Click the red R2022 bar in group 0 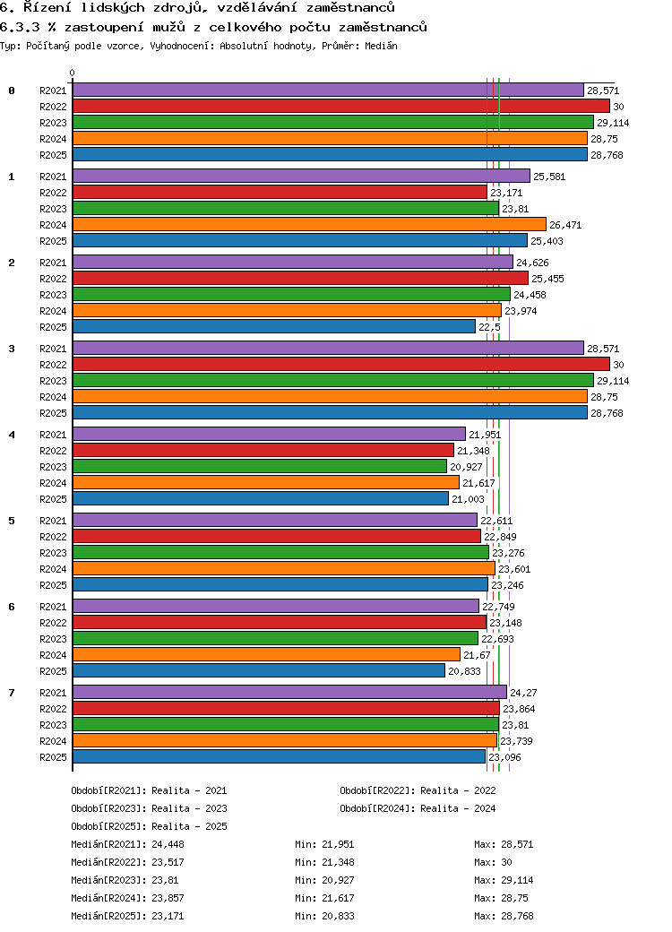340,106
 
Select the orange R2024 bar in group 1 309,224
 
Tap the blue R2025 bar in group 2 273,326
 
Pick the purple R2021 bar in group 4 269,434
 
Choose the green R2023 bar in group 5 280,552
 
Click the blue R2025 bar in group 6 258,670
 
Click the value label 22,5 489,327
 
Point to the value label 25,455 547,279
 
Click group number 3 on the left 12,348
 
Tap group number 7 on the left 12,692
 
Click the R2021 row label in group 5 53,521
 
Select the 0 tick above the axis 73,73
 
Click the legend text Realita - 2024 458,808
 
